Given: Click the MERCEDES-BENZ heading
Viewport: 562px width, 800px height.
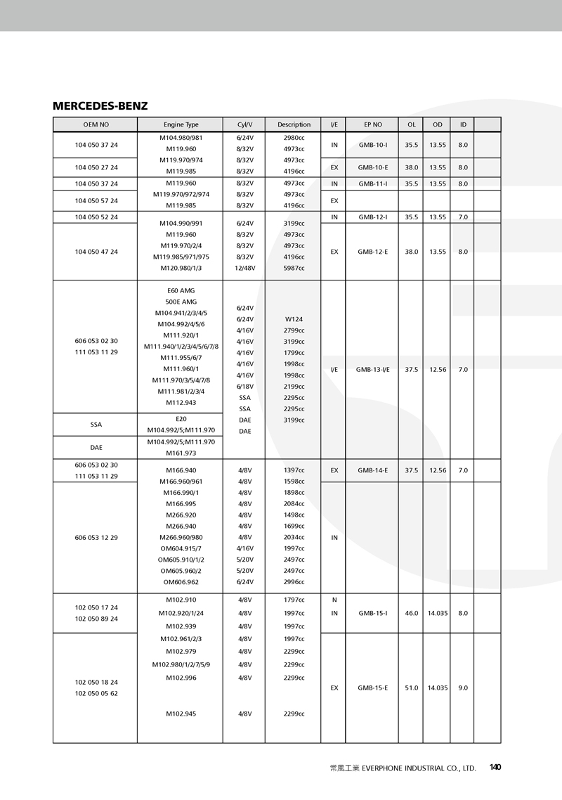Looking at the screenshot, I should pyautogui.click(x=100, y=106).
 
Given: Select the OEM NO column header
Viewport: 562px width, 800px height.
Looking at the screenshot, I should pyautogui.click(x=96, y=124).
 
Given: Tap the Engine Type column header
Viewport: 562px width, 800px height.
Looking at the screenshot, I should pyautogui.click(x=181, y=124).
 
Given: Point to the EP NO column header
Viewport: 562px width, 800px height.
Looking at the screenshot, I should pyautogui.click(x=373, y=124).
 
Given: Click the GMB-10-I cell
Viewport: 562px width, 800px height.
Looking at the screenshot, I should pyautogui.click(x=373, y=145).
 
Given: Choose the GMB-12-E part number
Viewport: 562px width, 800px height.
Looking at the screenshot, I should pyautogui.click(x=373, y=251).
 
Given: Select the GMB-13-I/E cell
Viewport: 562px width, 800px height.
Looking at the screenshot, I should pyautogui.click(x=373, y=369).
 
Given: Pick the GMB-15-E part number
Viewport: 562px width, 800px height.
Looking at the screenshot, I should pyautogui.click(x=373, y=688).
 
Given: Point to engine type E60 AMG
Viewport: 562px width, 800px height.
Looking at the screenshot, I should pyautogui.click(x=181, y=290).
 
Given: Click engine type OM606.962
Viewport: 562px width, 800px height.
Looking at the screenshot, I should pyautogui.click(x=181, y=582).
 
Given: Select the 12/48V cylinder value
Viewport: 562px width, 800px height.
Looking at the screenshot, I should pyautogui.click(x=245, y=268).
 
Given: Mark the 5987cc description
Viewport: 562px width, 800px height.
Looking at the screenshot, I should pyautogui.click(x=294, y=268).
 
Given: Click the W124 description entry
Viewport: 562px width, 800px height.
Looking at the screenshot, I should pyautogui.click(x=294, y=318).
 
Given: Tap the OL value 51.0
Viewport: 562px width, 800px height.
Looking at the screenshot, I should pyautogui.click(x=412, y=688).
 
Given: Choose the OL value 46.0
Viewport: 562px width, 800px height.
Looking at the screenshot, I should pyautogui.click(x=412, y=613).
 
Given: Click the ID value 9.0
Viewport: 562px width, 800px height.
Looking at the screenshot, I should pyautogui.click(x=463, y=688).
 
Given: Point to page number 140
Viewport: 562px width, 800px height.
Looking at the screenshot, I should pyautogui.click(x=495, y=768).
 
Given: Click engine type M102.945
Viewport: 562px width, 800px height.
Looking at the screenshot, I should pyautogui.click(x=181, y=714).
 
